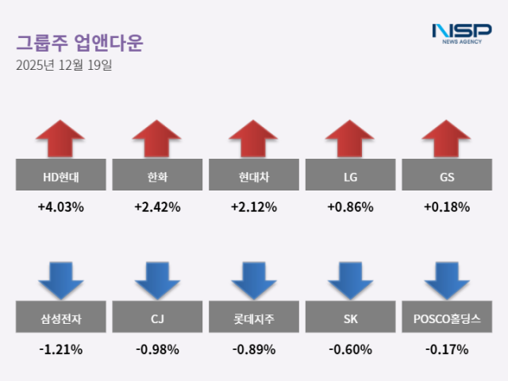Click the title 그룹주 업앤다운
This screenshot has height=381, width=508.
coord(79,41)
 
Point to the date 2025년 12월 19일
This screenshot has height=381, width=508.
coord(63,65)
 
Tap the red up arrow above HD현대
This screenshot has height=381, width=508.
coord(60,139)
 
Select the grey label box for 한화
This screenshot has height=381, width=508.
coord(157,175)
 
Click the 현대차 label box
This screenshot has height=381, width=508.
coord(254,175)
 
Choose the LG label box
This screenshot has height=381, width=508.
coord(350,175)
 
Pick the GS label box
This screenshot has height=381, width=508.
coord(447,175)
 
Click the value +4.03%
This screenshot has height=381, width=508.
coord(60,207)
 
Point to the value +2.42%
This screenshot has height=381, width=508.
coord(157,207)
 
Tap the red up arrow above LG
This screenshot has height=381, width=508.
coord(350,139)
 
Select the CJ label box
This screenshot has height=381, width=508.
coord(157,318)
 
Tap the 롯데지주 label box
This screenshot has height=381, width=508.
coord(254,318)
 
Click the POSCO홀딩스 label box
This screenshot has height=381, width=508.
coord(447,318)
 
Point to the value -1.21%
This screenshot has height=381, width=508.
coord(60,349)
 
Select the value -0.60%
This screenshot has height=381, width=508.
coord(350,349)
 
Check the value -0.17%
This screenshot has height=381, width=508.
coord(447,349)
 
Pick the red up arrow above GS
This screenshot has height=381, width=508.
coord(447,139)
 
